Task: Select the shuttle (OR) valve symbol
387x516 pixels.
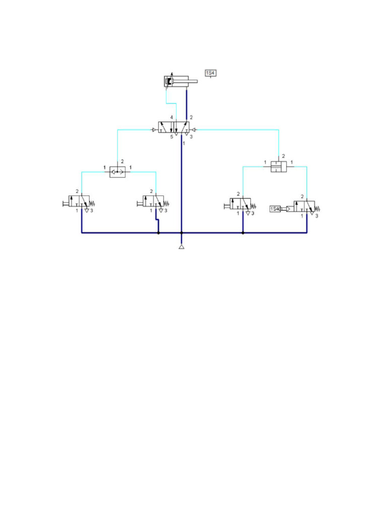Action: tap(117, 172)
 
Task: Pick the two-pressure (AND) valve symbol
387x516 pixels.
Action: tap(278, 166)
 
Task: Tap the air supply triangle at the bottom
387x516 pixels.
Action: tap(181, 247)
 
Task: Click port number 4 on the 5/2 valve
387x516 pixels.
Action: tap(171, 117)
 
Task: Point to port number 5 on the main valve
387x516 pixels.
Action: tap(171, 137)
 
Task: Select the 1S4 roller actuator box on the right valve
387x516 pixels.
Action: tap(275, 209)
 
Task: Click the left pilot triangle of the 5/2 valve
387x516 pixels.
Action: tap(154, 130)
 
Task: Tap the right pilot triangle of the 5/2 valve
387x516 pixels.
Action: tap(194, 130)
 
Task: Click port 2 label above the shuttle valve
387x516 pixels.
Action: tap(122, 161)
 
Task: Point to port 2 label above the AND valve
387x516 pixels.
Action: tap(283, 156)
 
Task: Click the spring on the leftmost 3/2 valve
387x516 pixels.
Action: tap(93, 204)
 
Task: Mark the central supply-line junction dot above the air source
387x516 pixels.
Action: tap(181, 233)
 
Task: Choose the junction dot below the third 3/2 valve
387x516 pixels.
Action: tap(243, 233)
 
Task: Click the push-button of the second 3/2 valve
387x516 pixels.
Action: tap(140, 204)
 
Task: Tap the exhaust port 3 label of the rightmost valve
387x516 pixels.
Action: tap(317, 215)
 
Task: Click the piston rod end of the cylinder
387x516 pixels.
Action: tap(196, 81)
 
